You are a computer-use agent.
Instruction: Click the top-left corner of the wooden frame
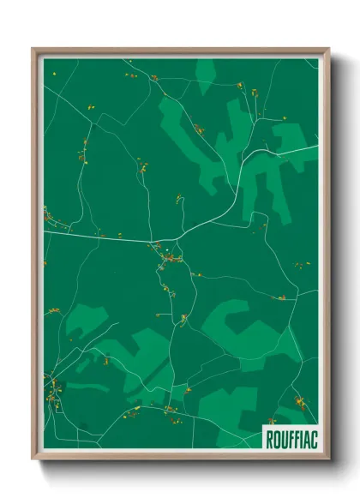pyautogui.click(x=33, y=49)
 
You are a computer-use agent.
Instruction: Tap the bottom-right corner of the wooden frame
pyautogui.click(x=328, y=459)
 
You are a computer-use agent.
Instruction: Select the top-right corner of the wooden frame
pyautogui.click(x=328, y=49)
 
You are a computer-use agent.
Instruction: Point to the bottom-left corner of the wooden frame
pyautogui.click(x=33, y=459)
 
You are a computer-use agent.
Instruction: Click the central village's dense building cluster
pyautogui.click(x=170, y=255)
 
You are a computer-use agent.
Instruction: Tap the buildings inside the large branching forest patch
pyautogui.click(x=199, y=129)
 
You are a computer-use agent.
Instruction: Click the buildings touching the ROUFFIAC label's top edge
pyautogui.click(x=273, y=421)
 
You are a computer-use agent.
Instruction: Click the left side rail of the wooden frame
pyautogui.click(x=35, y=257)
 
